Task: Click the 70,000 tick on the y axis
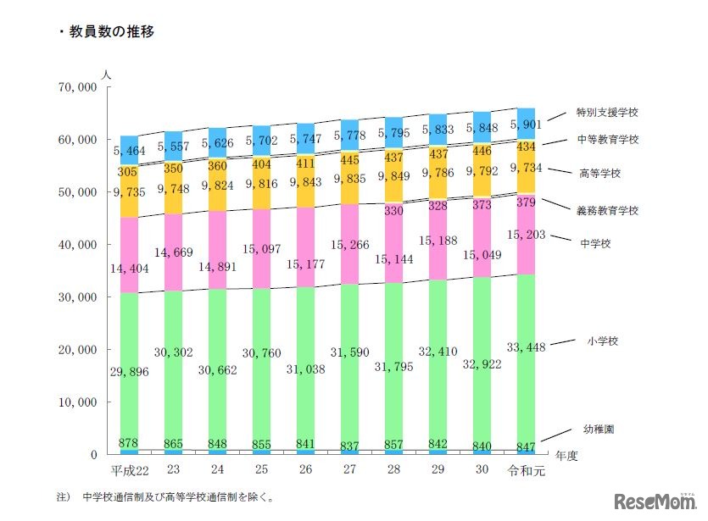coord(78,87)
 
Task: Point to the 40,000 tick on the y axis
coord(78,245)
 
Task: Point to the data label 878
coord(129,442)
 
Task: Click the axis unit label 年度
coord(566,455)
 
